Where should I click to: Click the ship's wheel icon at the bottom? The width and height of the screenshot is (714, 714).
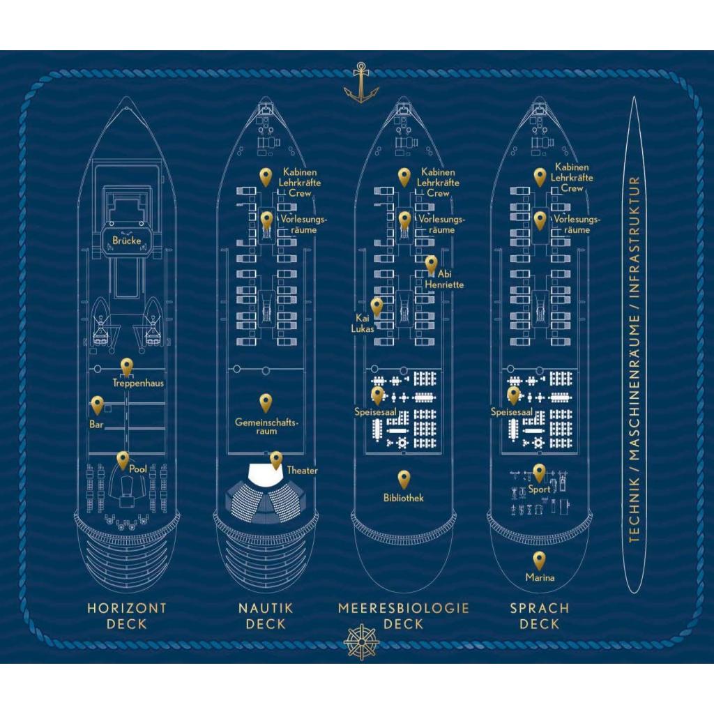[361, 642]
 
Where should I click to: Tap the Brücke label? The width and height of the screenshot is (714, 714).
[127, 241]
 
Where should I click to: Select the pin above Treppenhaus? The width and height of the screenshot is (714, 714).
[127, 367]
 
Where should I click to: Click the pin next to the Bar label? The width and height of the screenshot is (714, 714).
[97, 405]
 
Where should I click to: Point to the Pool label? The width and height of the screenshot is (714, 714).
[138, 469]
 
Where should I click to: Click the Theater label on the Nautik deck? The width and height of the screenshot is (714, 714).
[303, 471]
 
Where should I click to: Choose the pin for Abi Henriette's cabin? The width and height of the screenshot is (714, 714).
[431, 264]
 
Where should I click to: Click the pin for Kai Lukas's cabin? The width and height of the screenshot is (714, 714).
[377, 307]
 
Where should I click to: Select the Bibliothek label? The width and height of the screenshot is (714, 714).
[404, 498]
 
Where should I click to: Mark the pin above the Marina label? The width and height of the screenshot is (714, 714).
[539, 561]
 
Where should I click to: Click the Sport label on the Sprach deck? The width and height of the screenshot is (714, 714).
[540, 489]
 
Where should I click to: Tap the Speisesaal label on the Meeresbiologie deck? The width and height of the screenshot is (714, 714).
[376, 412]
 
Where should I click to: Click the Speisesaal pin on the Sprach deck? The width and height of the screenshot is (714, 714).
[514, 395]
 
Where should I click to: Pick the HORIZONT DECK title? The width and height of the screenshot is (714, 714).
[127, 616]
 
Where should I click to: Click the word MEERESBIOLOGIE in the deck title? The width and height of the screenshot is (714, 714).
[404, 608]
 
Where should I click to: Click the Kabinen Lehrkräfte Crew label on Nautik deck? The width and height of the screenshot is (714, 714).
[300, 183]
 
